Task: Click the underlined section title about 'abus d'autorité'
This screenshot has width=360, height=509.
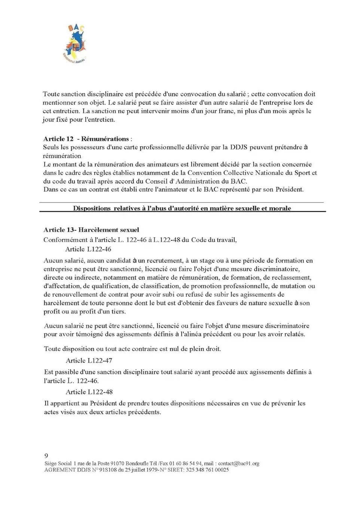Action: pyautogui.click(x=182, y=208)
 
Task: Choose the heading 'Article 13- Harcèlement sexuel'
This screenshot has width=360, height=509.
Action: pyautogui.click(x=91, y=230)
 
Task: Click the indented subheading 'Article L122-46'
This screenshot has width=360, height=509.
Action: pyautogui.click(x=88, y=249)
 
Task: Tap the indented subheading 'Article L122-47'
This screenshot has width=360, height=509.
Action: pyautogui.click(x=89, y=360)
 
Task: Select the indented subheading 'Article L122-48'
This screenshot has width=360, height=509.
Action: pyautogui.click(x=89, y=392)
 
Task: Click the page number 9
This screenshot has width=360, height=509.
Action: pyautogui.click(x=46, y=456)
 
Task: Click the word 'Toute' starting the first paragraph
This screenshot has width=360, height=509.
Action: pyautogui.click(x=51, y=94)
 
